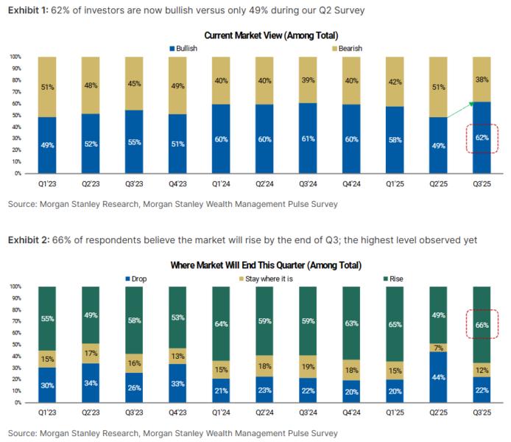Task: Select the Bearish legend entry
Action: pos(346,49)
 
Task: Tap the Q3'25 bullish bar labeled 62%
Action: pos(482,138)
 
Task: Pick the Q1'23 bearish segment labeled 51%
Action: pos(46,86)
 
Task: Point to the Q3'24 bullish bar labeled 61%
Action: pos(307,138)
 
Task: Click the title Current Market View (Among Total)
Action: pos(255,35)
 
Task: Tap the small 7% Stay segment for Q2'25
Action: pos(438,347)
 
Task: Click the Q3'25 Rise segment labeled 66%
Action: pos(482,325)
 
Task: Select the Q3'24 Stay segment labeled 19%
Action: pos(307,366)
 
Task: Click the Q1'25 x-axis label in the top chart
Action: pos(395,183)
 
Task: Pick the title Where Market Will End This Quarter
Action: pos(255,264)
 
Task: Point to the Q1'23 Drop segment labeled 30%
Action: pos(46,385)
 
